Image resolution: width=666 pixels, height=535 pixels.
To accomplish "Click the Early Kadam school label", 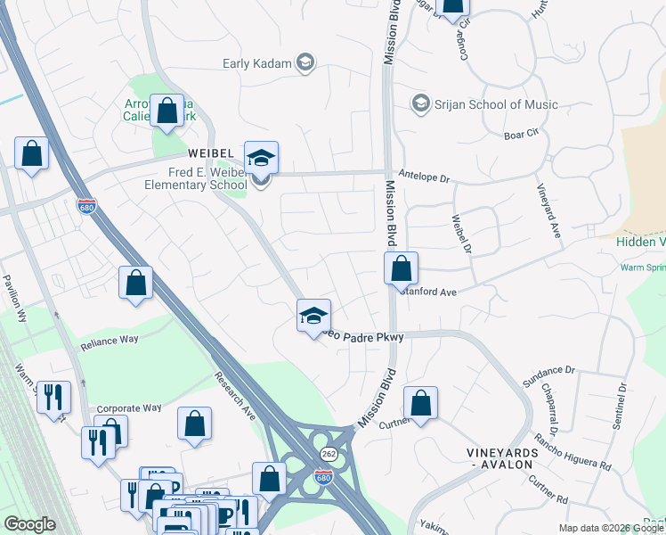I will (x=258, y=62).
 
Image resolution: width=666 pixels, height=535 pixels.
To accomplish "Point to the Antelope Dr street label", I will (x=425, y=177).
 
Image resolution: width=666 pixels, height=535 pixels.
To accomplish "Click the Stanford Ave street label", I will (x=428, y=292).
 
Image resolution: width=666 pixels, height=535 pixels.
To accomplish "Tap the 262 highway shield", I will (x=329, y=454).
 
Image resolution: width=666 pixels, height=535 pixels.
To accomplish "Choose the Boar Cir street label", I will (x=522, y=136).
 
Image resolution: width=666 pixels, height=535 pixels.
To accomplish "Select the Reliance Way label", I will (x=110, y=341).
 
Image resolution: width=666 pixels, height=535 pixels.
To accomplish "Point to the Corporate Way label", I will (x=129, y=407).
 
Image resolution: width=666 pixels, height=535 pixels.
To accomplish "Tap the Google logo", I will (x=29, y=524).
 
